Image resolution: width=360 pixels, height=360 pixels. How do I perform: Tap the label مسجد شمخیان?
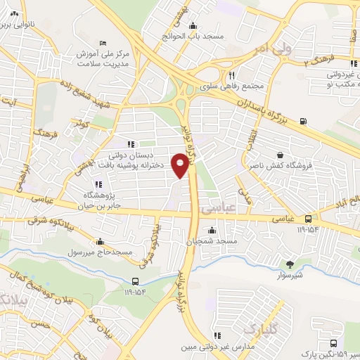click(x=217, y=241)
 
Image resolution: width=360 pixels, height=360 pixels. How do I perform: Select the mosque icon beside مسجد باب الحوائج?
click(x=193, y=27)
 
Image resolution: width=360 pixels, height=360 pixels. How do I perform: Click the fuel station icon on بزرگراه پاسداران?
click(x=303, y=120)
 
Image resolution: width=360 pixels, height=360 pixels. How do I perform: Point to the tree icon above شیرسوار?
click(x=290, y=264)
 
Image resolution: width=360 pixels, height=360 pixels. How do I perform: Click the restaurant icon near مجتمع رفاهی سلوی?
click(x=231, y=76)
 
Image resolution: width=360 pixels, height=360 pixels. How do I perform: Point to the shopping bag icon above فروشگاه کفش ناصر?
click(x=281, y=155)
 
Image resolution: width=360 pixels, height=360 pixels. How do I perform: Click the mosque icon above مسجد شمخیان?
click(x=212, y=230)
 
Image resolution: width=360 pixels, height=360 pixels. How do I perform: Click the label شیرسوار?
click(x=290, y=276)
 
